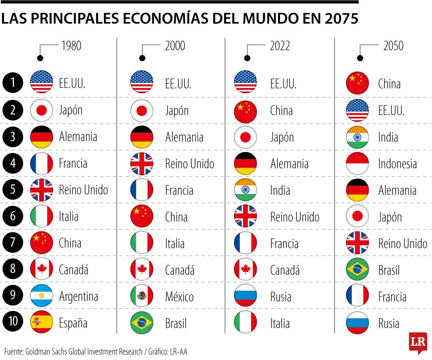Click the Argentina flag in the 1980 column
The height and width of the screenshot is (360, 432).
pyautogui.click(x=42, y=296)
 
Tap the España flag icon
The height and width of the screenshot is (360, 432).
pyautogui.click(x=42, y=323)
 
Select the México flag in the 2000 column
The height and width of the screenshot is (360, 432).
pyautogui.click(x=142, y=296)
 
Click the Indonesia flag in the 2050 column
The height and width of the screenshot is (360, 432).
pyautogui.click(x=357, y=163)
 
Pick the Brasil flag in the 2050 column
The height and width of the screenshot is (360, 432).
pyautogui.click(x=357, y=270)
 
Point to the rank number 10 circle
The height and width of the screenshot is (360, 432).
pyautogui.click(x=13, y=323)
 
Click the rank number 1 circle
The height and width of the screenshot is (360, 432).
pyautogui.click(x=13, y=83)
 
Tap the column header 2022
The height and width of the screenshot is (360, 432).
pyautogui.click(x=280, y=46)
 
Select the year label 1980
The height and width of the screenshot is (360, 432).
pyautogui.click(x=71, y=46)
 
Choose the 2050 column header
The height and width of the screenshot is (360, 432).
pyautogui.click(x=394, y=46)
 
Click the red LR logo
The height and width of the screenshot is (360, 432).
pyautogui.click(x=418, y=342)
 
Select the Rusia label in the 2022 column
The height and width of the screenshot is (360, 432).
pyautogui.click(x=281, y=297)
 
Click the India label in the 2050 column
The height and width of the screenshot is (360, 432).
pyautogui.click(x=388, y=137)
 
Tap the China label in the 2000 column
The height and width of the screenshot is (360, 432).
pyautogui.click(x=176, y=217)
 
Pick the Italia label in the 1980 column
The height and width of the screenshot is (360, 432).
pyautogui.click(x=68, y=217)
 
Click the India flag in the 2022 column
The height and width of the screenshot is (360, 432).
pyautogui.click(x=245, y=190)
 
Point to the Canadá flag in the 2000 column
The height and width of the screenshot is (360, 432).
pyautogui.click(x=142, y=270)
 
